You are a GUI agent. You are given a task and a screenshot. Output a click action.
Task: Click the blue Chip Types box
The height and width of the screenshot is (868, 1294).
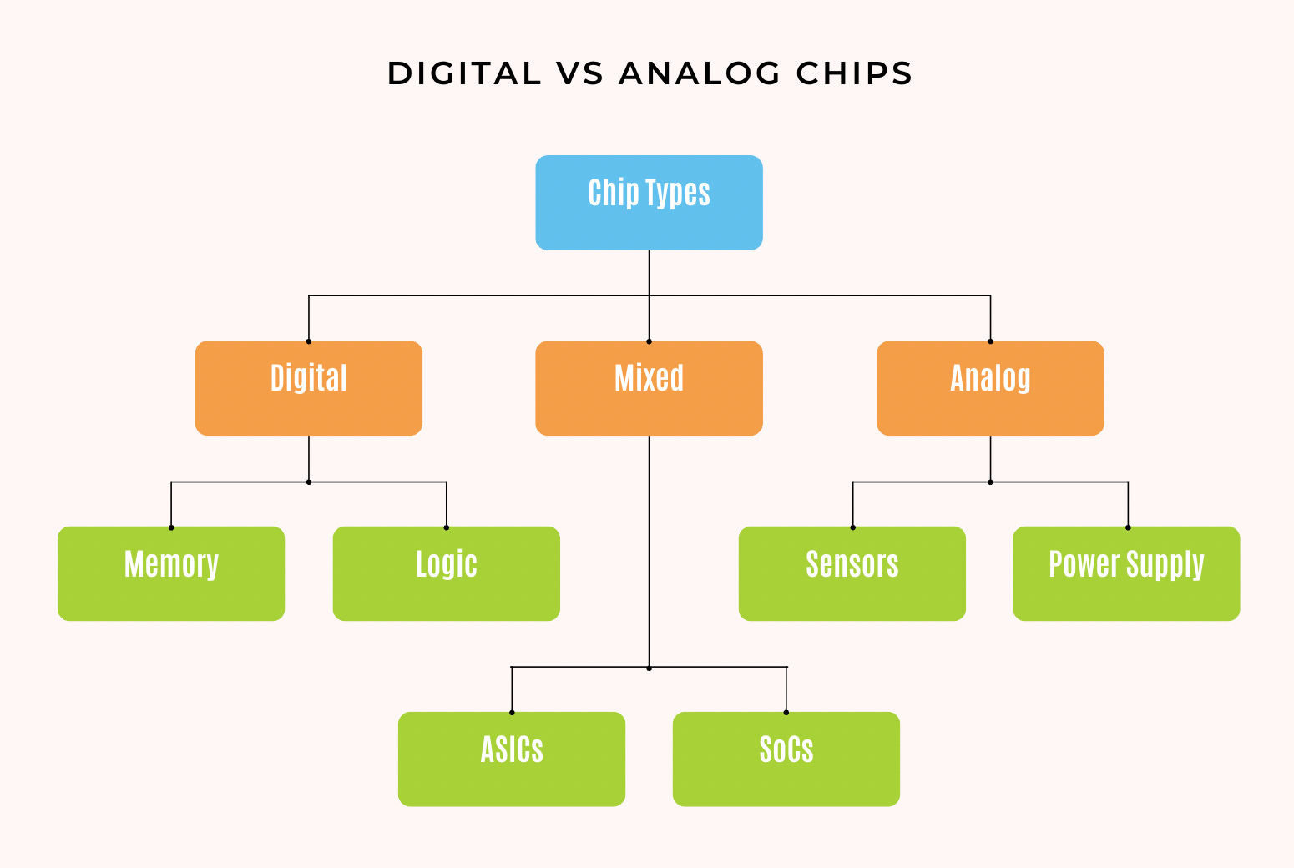pyautogui.click(x=649, y=203)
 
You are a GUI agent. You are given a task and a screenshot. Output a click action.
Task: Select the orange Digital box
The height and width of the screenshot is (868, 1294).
pyautogui.click(x=309, y=388)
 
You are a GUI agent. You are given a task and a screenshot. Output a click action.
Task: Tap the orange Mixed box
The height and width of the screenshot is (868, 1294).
pyautogui.click(x=649, y=388)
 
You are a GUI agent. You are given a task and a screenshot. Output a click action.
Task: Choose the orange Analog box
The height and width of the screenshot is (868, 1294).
pyautogui.click(x=990, y=388)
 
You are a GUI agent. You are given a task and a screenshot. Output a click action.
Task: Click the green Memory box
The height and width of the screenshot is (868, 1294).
pyautogui.click(x=171, y=573)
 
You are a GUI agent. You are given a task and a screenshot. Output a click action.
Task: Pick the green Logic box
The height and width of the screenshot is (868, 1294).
pyautogui.click(x=446, y=573)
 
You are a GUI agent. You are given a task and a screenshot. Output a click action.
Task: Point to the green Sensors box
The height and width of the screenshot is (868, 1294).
pyautogui.click(x=852, y=573)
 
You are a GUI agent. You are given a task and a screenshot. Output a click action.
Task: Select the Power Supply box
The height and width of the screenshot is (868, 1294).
pyautogui.click(x=1126, y=573)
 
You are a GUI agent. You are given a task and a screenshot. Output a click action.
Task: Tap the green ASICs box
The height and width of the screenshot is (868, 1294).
pyautogui.click(x=512, y=759)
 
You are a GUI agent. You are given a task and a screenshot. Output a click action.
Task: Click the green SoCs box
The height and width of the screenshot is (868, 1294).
pyautogui.click(x=786, y=759)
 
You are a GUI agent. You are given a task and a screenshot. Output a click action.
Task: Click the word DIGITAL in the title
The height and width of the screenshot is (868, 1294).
pyautogui.click(x=464, y=73)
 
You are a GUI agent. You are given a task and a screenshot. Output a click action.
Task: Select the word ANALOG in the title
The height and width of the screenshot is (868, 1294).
pyautogui.click(x=700, y=73)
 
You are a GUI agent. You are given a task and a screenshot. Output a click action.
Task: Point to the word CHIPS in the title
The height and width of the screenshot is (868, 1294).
pyautogui.click(x=854, y=73)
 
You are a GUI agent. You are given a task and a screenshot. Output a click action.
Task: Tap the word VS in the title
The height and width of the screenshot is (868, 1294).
pyautogui.click(x=579, y=73)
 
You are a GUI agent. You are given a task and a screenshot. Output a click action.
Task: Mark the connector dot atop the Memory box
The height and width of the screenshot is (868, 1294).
pyautogui.click(x=171, y=527)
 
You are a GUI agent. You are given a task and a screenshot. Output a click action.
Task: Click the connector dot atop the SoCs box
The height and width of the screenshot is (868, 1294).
pyautogui.click(x=786, y=713)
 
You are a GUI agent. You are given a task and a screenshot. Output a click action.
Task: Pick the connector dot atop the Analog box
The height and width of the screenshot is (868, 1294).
pyautogui.click(x=990, y=341)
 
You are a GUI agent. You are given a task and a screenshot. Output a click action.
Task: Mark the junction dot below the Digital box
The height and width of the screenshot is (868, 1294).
pyautogui.click(x=309, y=482)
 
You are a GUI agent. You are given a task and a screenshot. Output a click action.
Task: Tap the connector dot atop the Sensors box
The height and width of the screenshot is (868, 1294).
pyautogui.click(x=852, y=527)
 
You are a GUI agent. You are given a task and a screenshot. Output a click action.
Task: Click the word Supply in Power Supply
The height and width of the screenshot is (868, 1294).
pyautogui.click(x=1166, y=565)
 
